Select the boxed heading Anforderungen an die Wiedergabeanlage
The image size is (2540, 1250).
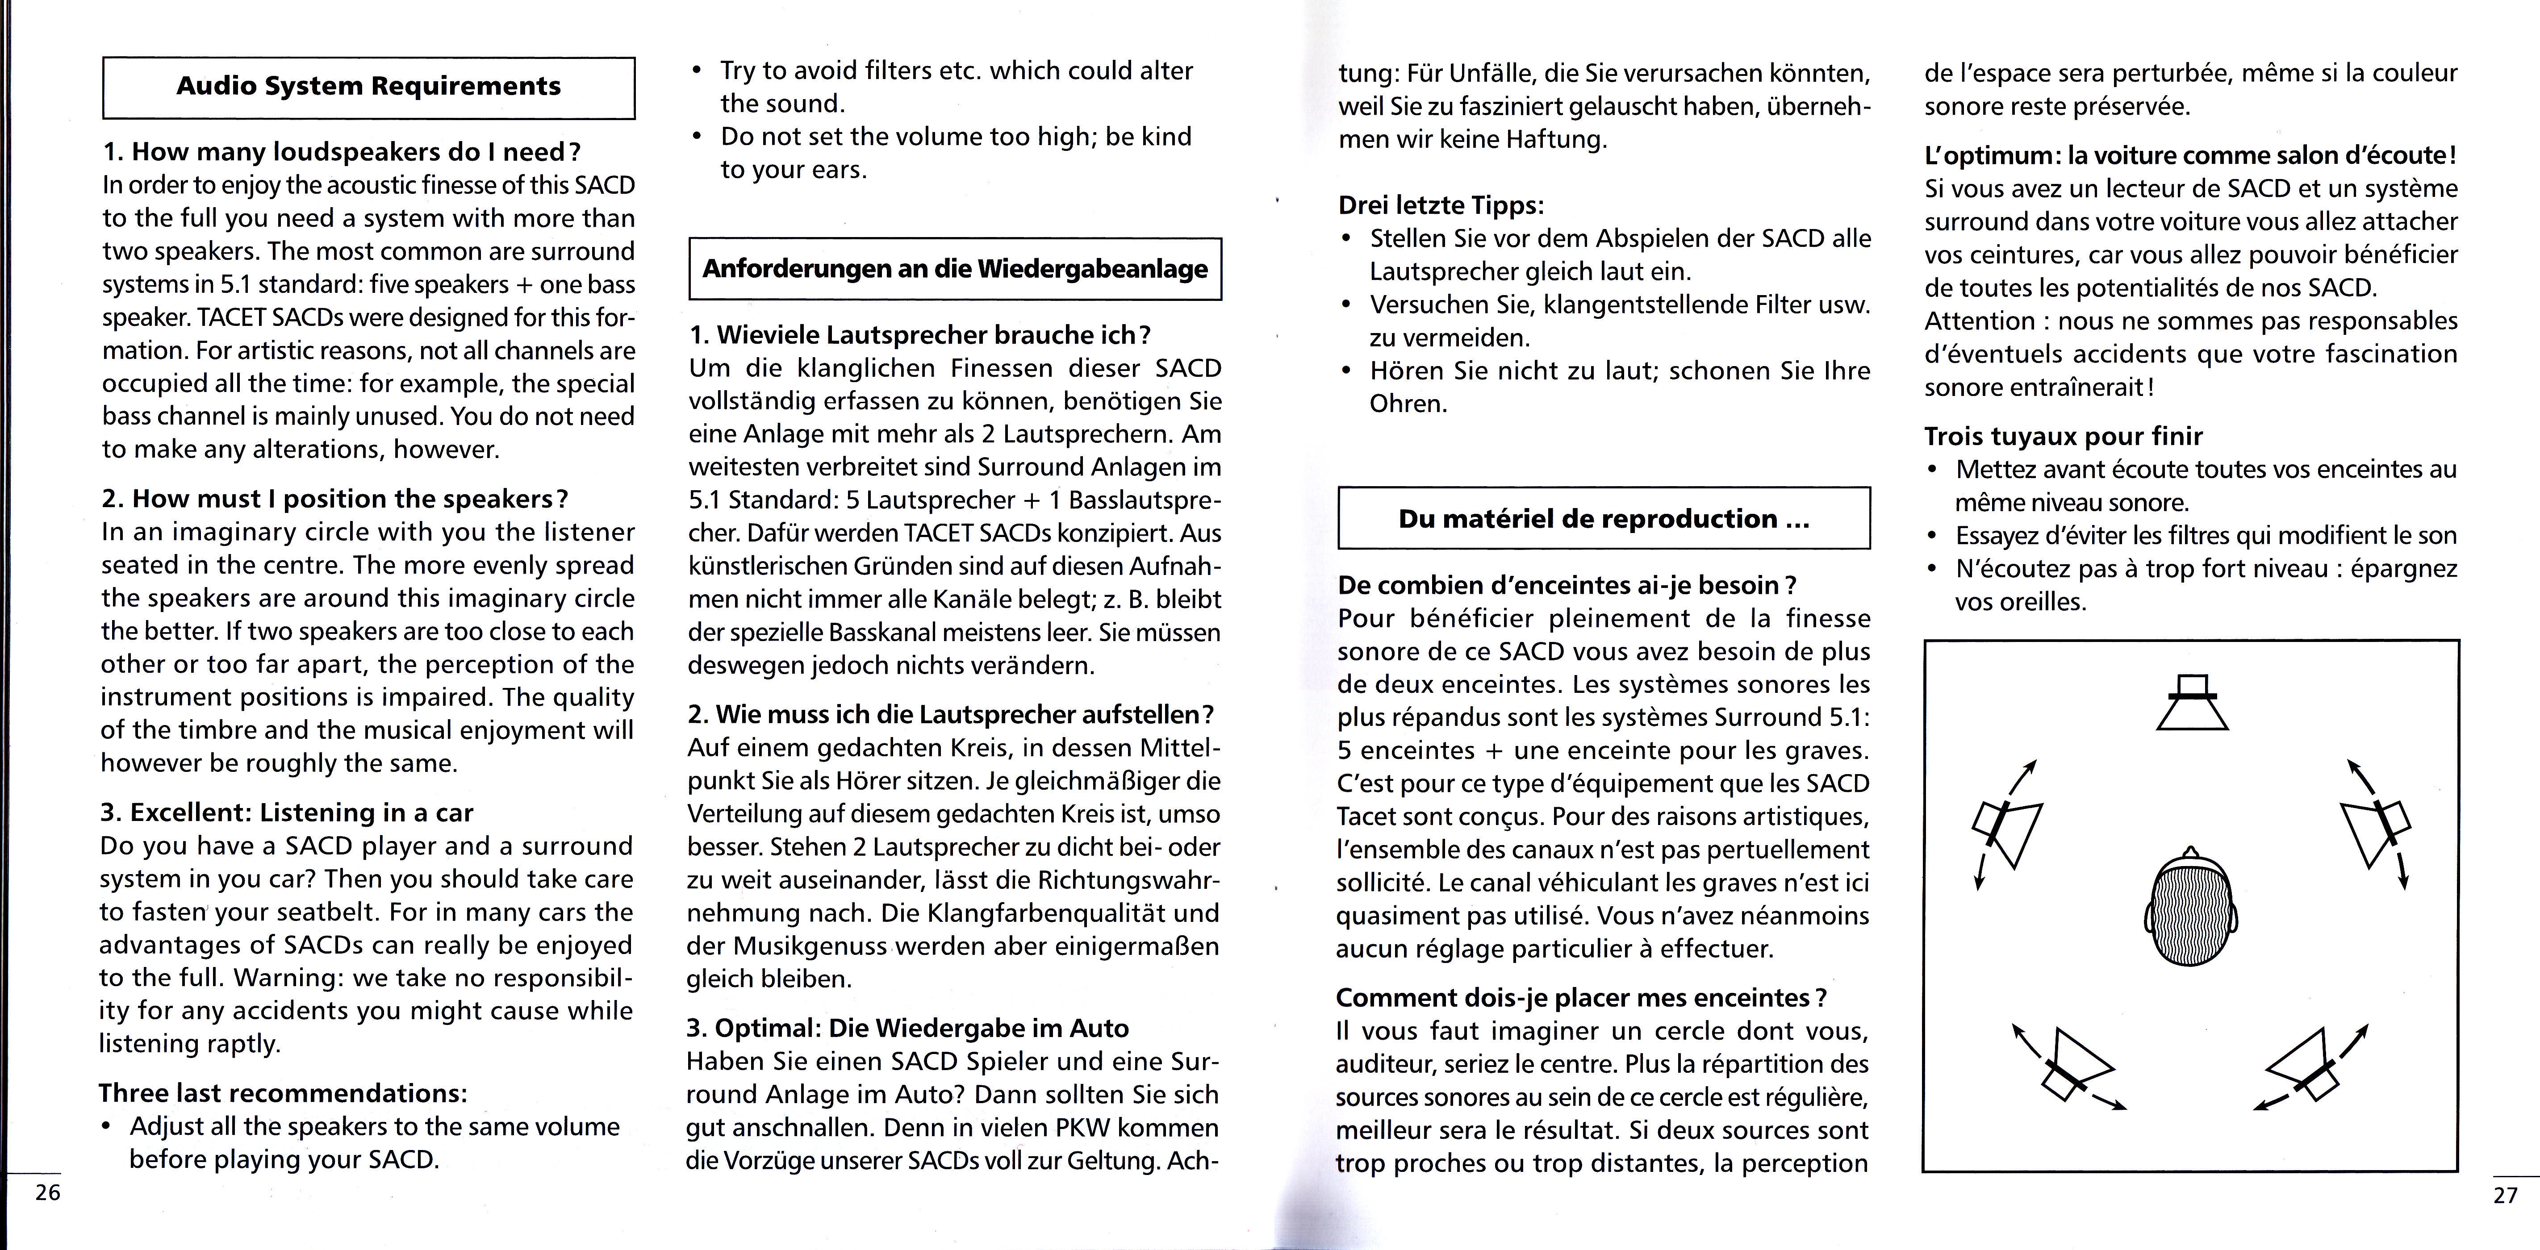tap(954, 269)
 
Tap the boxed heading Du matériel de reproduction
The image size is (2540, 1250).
tap(1603, 519)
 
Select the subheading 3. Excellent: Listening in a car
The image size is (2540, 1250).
tap(287, 812)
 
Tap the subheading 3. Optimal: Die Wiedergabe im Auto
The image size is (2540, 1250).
tap(907, 1028)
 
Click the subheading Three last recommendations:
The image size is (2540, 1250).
tap(282, 1093)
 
